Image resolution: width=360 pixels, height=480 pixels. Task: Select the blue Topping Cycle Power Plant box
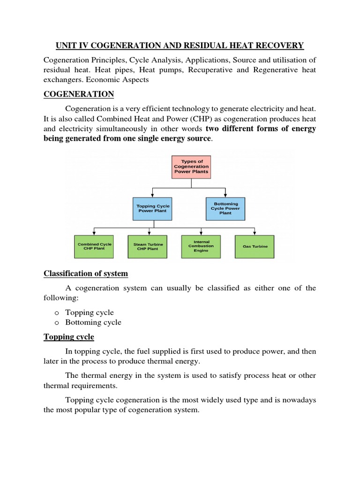tap(153, 209)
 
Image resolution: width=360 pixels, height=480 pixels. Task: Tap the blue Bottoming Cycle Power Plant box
tap(225, 209)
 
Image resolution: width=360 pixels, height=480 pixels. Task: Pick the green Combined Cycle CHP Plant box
tap(94, 246)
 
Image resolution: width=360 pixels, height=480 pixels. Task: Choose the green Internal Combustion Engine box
tap(201, 246)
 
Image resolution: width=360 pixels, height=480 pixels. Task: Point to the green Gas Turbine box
tap(255, 246)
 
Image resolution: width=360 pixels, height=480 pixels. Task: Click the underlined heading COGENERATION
tap(79, 94)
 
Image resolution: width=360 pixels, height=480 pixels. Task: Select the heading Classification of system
tap(86, 273)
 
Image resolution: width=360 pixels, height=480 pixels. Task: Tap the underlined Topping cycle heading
tap(69, 337)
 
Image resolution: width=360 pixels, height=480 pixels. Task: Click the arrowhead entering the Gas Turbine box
tap(255, 232)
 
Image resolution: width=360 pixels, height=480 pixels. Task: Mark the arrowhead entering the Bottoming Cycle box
tap(225, 195)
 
